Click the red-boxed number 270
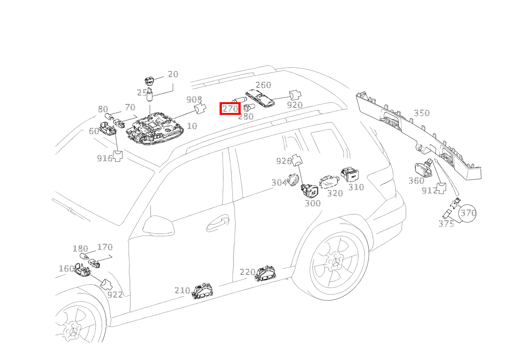click(x=230, y=109)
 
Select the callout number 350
click(x=422, y=113)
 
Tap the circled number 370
click(x=468, y=213)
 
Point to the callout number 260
click(x=263, y=85)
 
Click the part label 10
click(x=192, y=126)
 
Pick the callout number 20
click(x=173, y=74)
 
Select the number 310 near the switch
click(x=356, y=187)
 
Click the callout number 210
click(x=182, y=290)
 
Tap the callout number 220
click(x=248, y=272)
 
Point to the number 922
click(x=115, y=295)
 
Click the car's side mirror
click(x=159, y=225)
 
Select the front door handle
click(x=218, y=223)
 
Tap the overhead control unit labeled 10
click(x=155, y=128)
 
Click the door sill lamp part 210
click(x=202, y=291)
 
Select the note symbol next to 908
click(x=200, y=109)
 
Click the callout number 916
click(x=105, y=158)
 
